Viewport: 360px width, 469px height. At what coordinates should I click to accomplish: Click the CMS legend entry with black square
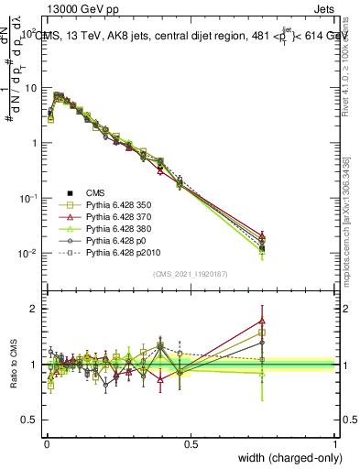(x=95, y=192)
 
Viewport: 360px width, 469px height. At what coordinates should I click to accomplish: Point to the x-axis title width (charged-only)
(x=285, y=458)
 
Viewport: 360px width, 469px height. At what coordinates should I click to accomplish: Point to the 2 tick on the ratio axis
(x=34, y=308)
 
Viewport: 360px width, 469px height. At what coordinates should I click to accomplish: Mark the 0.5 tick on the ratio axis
(x=30, y=420)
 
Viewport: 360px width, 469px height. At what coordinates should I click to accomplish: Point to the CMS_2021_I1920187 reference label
(x=190, y=274)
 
